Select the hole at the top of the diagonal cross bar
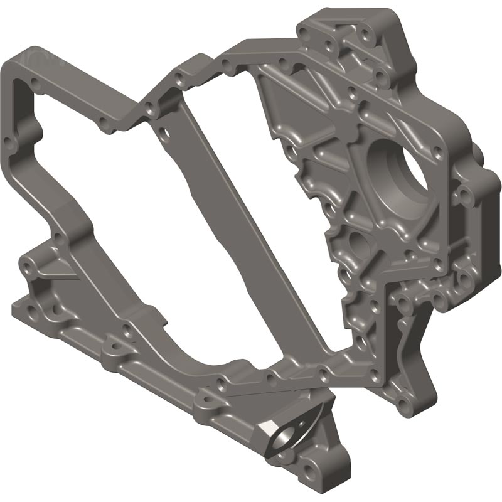click(x=164, y=134)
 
